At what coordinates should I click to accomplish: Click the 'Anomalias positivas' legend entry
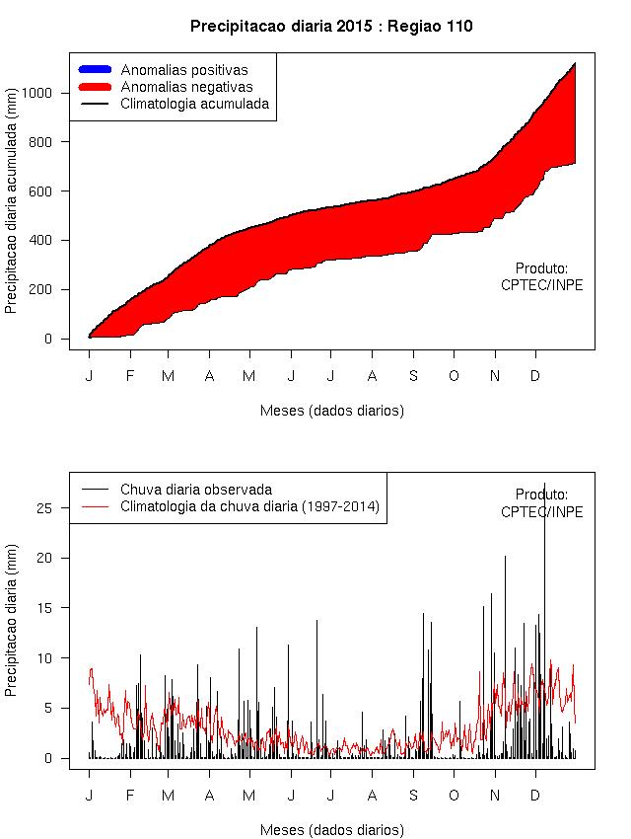(183, 70)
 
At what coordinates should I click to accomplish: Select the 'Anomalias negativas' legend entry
(186, 87)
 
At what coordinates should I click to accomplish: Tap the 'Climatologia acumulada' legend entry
(194, 103)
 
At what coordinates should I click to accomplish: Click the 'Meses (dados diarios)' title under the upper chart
(331, 410)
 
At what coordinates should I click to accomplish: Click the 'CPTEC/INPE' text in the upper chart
(541, 285)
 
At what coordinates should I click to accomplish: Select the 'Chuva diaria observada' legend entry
(195, 489)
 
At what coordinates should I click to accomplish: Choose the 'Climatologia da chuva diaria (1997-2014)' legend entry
(249, 506)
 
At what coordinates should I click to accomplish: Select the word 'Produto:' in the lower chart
(541, 495)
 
